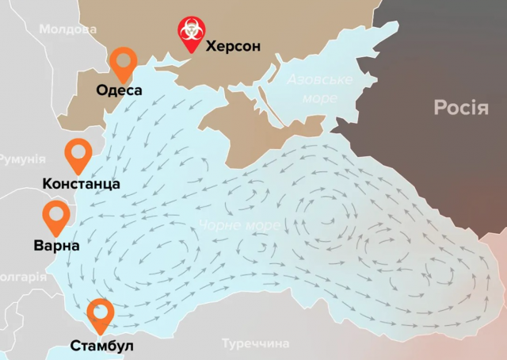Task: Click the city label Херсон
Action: tap(233, 46)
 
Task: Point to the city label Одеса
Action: tap(119, 90)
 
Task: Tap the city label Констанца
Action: tap(81, 184)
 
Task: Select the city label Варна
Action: tap(56, 246)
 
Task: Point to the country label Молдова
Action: tap(67, 29)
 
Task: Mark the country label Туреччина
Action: tap(255, 343)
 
